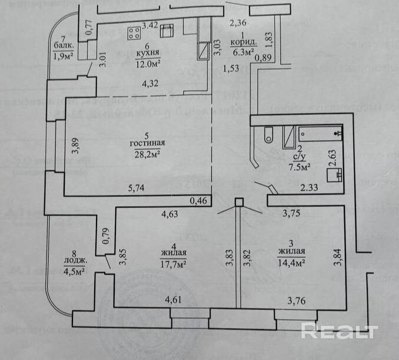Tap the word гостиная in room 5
pos(148,143)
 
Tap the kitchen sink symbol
pos(167,29)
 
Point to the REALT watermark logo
pos(338,331)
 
